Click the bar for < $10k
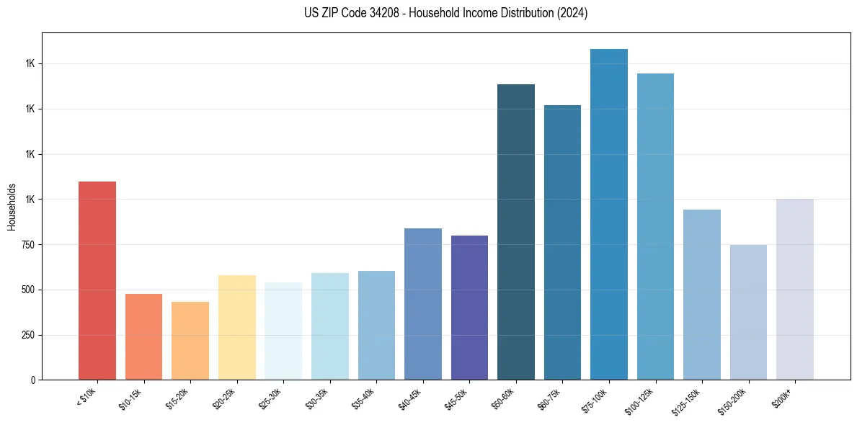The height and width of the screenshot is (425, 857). coord(97,280)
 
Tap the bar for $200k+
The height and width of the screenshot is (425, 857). coord(795,289)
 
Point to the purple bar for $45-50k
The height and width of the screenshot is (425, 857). coord(469,308)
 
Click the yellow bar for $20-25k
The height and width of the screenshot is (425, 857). coord(237,327)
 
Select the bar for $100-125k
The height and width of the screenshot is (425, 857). coord(655,226)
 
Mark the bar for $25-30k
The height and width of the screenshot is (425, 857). coord(283,331)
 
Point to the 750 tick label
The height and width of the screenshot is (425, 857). coord(28,245)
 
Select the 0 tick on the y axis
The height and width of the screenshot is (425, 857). coord(33,380)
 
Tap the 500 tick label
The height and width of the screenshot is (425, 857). coord(28,290)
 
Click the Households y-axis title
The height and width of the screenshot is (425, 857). coord(12,207)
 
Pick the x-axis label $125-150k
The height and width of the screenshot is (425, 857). coord(689,400)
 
